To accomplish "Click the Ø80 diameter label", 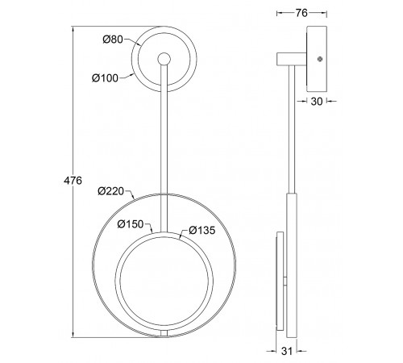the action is pos(113,40).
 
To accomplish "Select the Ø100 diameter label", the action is pos(105,78).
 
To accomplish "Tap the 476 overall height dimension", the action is pos(73,181).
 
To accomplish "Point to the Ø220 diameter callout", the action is pos(111,191).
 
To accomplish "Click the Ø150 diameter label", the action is pos(131,224).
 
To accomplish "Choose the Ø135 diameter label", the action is pos(202,230).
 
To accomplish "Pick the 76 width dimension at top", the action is pos(301,13).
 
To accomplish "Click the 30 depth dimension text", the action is pos(317,102).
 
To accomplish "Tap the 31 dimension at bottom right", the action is pos(287,351).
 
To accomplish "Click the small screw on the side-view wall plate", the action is pos(320,59).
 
